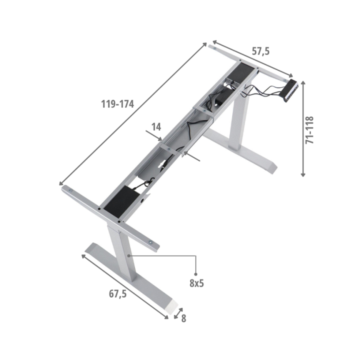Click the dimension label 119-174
117,104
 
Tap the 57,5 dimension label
260,51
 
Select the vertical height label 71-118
309,130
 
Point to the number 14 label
156,127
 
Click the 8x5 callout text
197,283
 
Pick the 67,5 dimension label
118,293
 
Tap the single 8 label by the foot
183,318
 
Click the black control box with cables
290,90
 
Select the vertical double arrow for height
303,129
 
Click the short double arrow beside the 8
178,313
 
